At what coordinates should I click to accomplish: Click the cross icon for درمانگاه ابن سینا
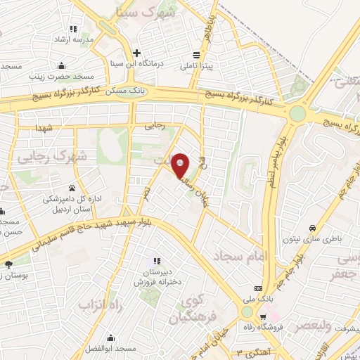click(138, 53)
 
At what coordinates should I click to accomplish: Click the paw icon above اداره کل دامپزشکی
click(72, 188)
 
